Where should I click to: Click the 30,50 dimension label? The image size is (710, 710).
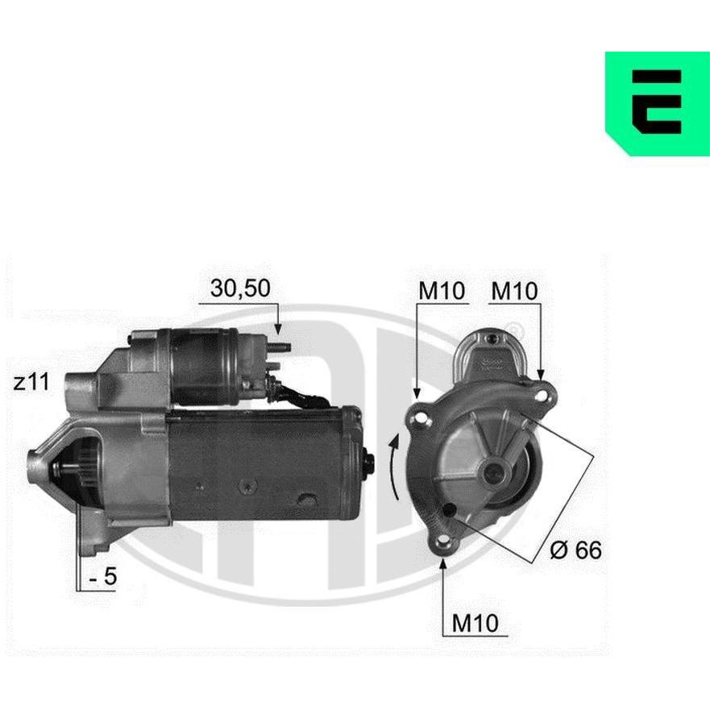pos(240,289)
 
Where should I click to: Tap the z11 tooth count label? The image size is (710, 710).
pos(31,383)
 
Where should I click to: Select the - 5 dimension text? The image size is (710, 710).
pos(103,577)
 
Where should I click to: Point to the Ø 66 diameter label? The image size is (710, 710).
pos(575,550)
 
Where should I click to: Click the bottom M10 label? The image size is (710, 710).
pos(475,623)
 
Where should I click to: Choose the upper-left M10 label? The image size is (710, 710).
pos(442,291)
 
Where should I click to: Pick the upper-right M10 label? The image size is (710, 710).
pos(514,291)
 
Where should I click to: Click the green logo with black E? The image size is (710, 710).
pos(658,104)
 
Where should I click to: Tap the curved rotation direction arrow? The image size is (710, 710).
pos(393,467)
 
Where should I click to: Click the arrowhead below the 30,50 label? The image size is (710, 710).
pos(278,329)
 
